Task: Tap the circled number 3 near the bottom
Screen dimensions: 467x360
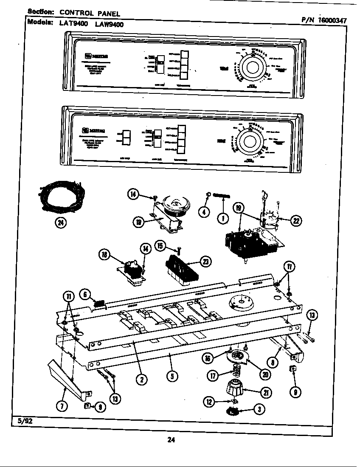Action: (x=257, y=409)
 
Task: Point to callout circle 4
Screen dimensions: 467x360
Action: (x=205, y=211)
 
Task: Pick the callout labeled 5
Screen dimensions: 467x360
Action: (x=172, y=376)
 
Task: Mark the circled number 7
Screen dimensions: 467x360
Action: (x=62, y=406)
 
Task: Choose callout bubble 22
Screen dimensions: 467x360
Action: (x=296, y=220)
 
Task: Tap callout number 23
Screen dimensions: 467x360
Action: (x=206, y=262)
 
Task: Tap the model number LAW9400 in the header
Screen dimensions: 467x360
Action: (x=110, y=24)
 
